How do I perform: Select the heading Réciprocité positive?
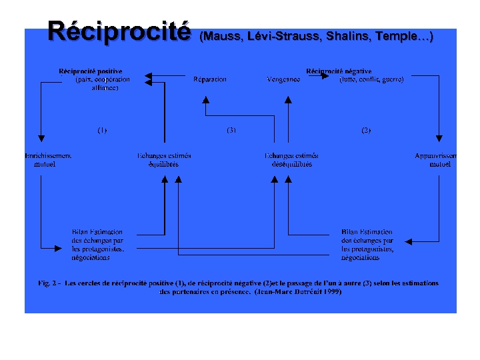tap(91, 71)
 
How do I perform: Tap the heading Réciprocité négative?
tap(339, 71)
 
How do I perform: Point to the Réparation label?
tap(210, 79)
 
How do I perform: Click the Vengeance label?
tap(283, 79)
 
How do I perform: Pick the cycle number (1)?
tap(102, 131)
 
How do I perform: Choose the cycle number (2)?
tap(366, 131)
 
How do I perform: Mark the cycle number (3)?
tap(231, 131)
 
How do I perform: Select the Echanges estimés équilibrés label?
tap(164, 160)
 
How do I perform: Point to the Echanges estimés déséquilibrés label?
tap(291, 160)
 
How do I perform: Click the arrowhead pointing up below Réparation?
tap(206, 101)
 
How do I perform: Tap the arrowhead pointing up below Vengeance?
tap(287, 101)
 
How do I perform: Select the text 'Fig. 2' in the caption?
tap(48, 283)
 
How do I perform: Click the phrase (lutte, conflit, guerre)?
tap(371, 79)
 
